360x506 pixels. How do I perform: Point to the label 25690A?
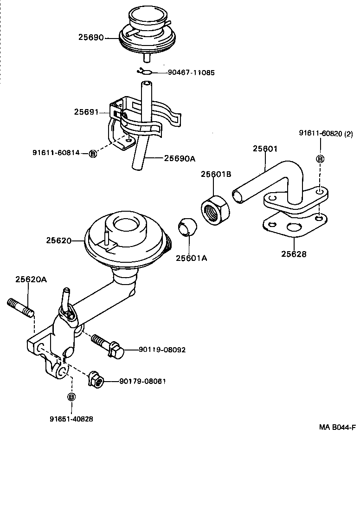(180, 158)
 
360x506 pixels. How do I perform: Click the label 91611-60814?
(56, 153)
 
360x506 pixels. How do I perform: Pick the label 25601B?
(216, 174)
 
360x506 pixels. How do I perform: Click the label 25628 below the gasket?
(294, 254)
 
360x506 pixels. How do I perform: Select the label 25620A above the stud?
(31, 279)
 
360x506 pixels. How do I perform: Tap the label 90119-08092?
(162, 350)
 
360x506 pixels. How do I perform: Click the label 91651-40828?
(71, 419)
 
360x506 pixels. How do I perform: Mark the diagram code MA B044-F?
(337, 428)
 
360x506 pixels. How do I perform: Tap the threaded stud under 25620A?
(20, 308)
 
